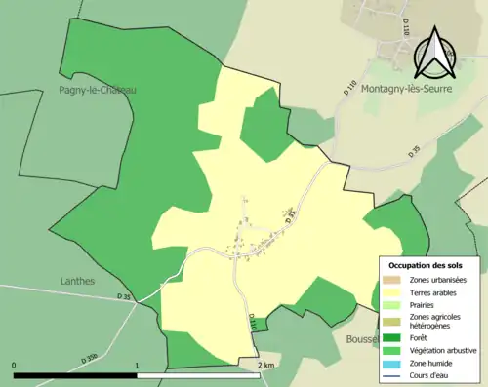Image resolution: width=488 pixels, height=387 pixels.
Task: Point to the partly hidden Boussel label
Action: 361,339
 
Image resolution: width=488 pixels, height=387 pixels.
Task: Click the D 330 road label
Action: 91,359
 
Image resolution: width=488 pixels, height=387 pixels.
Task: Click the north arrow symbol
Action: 432,55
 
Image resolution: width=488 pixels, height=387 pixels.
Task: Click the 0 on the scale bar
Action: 15,366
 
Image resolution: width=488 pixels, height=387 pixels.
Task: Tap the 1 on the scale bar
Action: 137,366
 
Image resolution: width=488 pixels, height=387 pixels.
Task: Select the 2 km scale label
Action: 266,366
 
